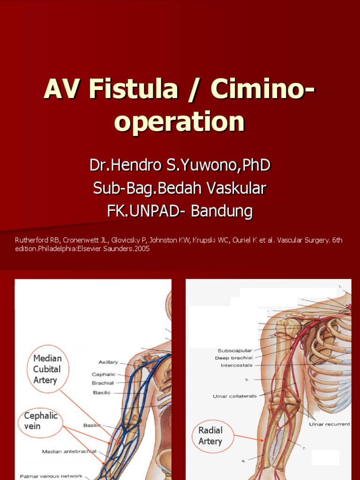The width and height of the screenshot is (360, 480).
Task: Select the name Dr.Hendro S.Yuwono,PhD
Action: tap(180, 165)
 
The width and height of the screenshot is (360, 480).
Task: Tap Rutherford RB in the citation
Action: tap(32, 240)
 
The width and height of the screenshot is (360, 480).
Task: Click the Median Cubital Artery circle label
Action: tap(47, 369)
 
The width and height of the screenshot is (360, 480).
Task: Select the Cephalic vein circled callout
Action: tap(41, 420)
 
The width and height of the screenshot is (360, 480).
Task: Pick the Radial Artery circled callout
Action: tap(210, 435)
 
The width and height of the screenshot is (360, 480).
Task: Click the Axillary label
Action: tap(108, 362)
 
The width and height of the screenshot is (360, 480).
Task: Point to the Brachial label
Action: tap(103, 383)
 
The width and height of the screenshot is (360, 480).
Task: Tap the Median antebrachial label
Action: tap(69, 451)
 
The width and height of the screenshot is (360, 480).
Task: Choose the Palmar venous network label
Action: tap(51, 476)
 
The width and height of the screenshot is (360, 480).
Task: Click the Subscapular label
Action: tap(235, 351)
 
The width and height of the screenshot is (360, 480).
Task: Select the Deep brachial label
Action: tap(233, 358)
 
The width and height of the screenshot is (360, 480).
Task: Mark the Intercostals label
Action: tap(236, 365)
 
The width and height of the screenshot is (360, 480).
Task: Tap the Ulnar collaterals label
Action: tap(235, 396)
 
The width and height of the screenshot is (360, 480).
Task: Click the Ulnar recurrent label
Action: tap(329, 424)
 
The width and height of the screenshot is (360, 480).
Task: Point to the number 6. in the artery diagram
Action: tap(244, 461)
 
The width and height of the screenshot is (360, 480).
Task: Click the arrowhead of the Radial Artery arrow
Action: tap(263, 440)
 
